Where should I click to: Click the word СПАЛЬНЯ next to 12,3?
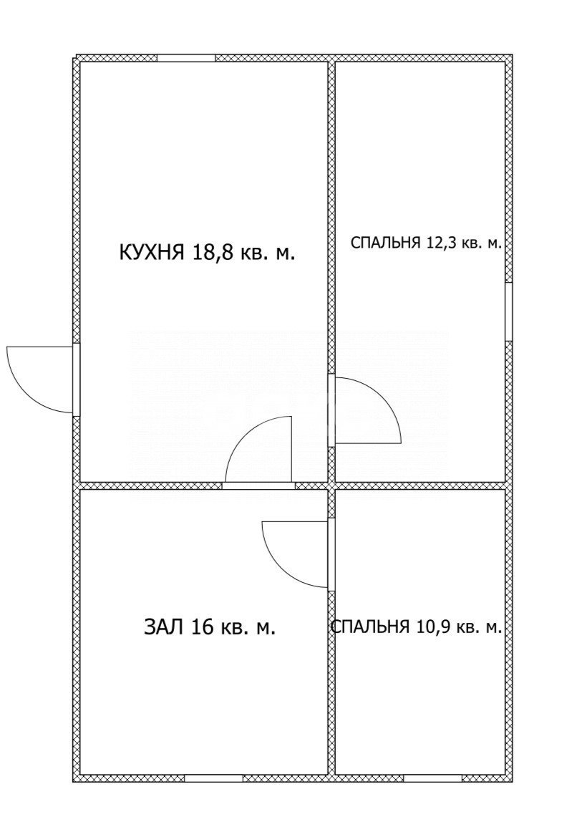[x=385, y=243]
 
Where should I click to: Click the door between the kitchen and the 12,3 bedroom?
[x=365, y=411]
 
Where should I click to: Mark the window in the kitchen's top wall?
[x=186, y=58]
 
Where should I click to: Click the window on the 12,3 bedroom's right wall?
[x=509, y=311]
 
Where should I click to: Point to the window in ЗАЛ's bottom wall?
[x=213, y=778]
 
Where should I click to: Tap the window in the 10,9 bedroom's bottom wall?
[x=432, y=778]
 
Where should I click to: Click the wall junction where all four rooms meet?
[x=331, y=485]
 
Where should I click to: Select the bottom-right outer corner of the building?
[x=510, y=779]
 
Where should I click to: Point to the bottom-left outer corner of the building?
[x=75, y=779]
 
